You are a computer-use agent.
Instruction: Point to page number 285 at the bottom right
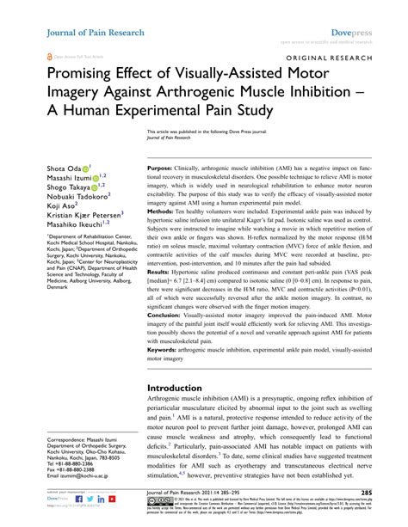coord(390,493)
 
